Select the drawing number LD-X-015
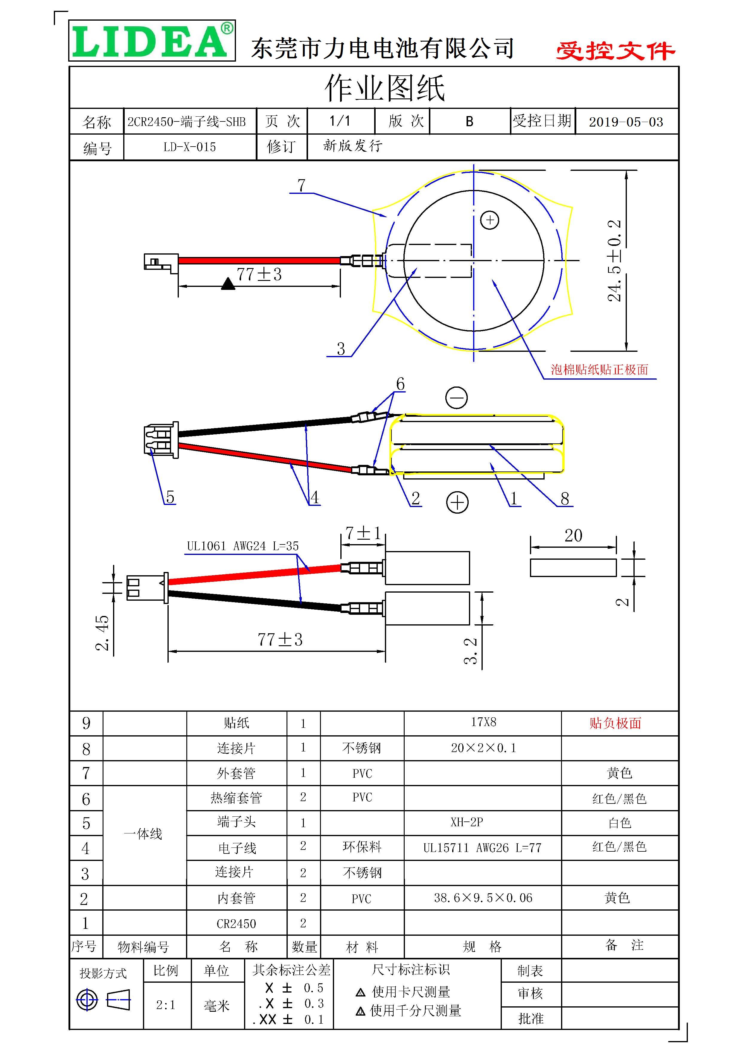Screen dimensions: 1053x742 tap(189, 147)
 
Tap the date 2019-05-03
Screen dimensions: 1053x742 tap(626, 122)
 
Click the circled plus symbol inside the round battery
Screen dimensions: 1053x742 tap(489, 220)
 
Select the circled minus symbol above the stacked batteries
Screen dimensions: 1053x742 tap(456, 397)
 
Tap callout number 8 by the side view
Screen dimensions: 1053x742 tap(565, 498)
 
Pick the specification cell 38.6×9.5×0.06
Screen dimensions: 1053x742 tap(483, 897)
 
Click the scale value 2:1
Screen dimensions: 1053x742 tap(166, 1005)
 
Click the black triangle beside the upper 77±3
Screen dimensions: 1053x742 tap(228, 284)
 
